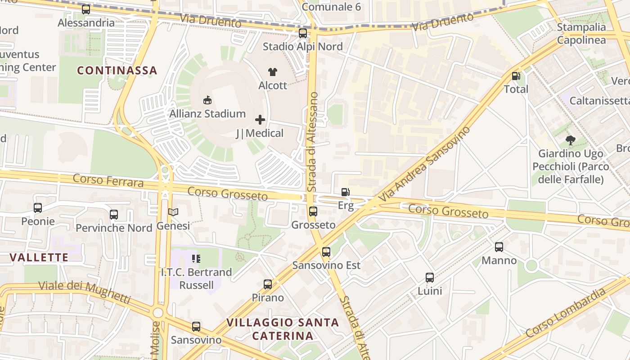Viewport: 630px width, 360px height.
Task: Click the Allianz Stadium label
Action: coord(207,114)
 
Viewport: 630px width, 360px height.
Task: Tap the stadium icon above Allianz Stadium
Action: coord(207,100)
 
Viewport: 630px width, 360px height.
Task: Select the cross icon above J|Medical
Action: coord(260,120)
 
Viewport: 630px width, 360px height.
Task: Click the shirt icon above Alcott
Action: coord(273,72)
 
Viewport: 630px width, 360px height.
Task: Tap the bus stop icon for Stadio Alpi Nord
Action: coord(303,33)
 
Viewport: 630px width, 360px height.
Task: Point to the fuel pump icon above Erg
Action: coord(345,192)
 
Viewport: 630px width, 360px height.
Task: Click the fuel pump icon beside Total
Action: coord(516,76)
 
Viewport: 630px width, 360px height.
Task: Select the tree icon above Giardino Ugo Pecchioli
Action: coord(571,140)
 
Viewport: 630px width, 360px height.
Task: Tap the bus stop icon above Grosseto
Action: coord(313,211)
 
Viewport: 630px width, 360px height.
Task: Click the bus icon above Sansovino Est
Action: coord(326,252)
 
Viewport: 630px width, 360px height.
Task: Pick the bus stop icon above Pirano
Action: coord(268,284)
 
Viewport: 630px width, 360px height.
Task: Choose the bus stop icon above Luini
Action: coord(430,277)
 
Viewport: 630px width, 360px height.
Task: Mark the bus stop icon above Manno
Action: coord(499,247)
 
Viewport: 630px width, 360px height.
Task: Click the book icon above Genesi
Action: coord(173,212)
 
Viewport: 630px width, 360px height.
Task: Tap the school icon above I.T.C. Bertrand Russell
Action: coord(196,258)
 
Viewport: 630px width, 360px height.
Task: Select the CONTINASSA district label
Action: coord(117,71)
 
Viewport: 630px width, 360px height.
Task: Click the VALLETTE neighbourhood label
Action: coord(39,257)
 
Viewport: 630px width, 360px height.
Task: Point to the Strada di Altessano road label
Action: coord(313,142)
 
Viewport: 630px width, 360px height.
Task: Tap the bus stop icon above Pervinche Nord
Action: coord(114,215)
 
